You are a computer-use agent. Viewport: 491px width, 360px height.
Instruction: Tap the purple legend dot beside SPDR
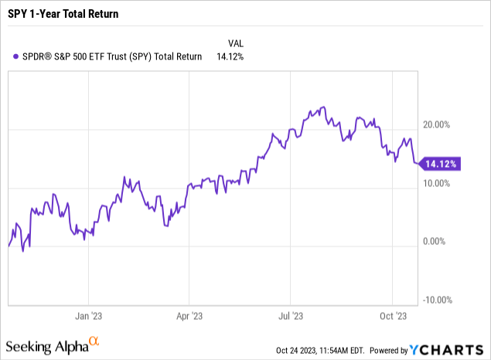click(x=17, y=56)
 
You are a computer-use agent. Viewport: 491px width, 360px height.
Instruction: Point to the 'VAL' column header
click(x=236, y=42)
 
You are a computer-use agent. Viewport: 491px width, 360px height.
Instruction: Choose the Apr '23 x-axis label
click(x=189, y=316)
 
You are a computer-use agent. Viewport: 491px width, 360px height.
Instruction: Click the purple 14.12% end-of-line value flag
click(x=439, y=164)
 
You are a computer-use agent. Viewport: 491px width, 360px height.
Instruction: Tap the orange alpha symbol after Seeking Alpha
click(x=94, y=341)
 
